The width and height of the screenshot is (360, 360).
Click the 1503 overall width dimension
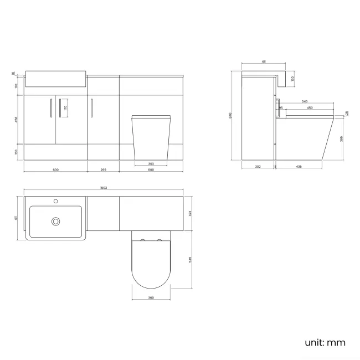point(104,188)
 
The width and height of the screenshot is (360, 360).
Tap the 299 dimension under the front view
point(104,169)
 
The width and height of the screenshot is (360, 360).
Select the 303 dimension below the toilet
point(151,164)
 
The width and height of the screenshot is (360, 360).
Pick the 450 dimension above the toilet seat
point(310,107)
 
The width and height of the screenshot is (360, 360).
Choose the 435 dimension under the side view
point(299,167)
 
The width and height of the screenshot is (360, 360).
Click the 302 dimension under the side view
point(258,167)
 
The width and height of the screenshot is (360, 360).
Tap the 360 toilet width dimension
point(151,298)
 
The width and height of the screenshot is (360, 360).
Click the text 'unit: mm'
point(325,342)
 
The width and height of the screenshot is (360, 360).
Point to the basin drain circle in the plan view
point(55,222)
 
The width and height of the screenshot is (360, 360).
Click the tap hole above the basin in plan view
point(55,200)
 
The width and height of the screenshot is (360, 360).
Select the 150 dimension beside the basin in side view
point(292,79)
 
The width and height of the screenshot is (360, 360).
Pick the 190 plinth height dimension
point(16,152)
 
